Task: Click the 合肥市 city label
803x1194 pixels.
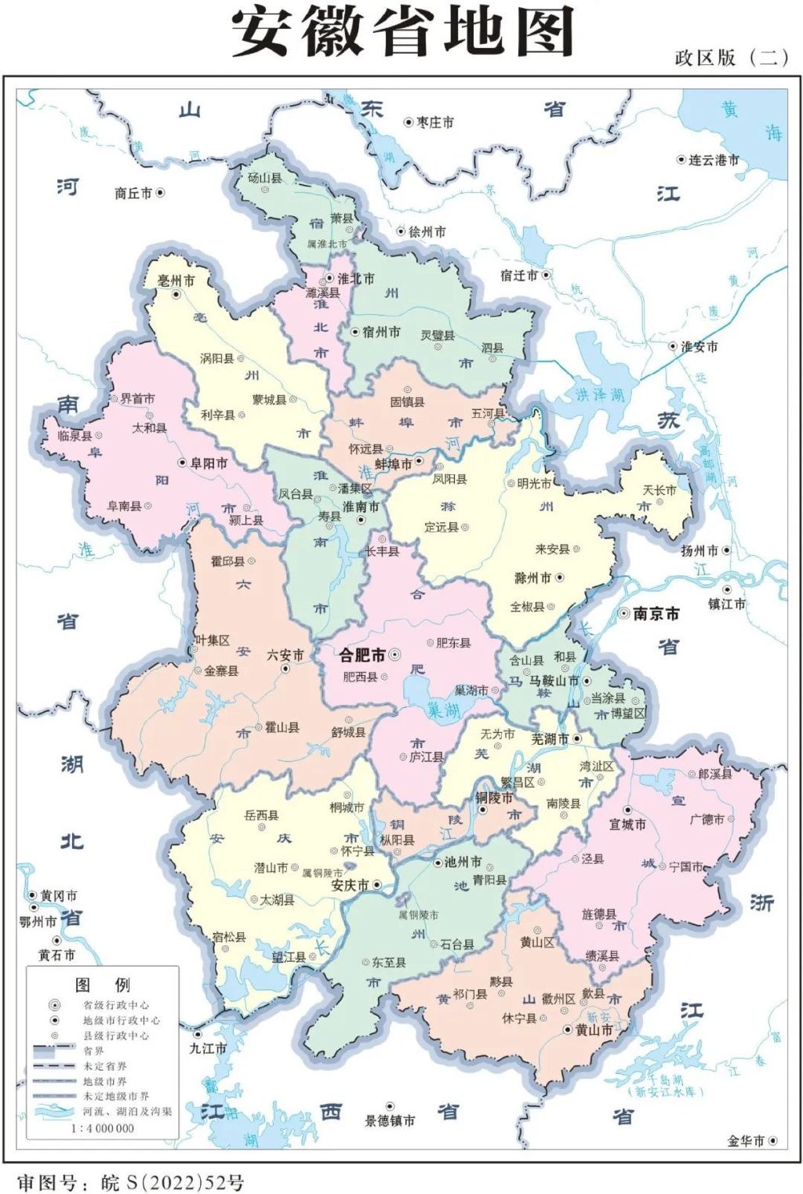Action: (x=362, y=655)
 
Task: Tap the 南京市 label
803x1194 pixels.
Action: (x=656, y=614)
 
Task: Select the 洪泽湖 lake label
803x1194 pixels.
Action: (x=599, y=394)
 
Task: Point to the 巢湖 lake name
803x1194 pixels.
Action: (x=443, y=710)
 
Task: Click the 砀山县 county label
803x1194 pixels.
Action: (x=264, y=178)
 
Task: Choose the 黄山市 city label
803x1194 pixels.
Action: (x=594, y=1029)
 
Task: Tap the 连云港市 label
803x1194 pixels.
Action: (x=714, y=160)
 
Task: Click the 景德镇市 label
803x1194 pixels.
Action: (x=390, y=1120)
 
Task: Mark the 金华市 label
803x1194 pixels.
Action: (x=746, y=1141)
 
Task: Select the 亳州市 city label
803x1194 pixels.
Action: (x=176, y=281)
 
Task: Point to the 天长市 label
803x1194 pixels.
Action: (x=659, y=490)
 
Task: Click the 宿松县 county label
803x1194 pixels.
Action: (x=229, y=937)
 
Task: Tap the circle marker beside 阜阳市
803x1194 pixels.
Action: (x=183, y=463)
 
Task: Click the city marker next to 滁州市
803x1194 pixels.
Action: (x=560, y=578)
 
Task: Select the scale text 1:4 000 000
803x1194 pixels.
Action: (x=102, y=1128)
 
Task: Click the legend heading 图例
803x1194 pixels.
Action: (x=102, y=985)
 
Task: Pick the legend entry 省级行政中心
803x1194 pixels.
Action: (x=116, y=1005)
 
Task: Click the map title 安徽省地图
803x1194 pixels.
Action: (x=402, y=33)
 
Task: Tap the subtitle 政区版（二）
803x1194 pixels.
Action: (x=731, y=57)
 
